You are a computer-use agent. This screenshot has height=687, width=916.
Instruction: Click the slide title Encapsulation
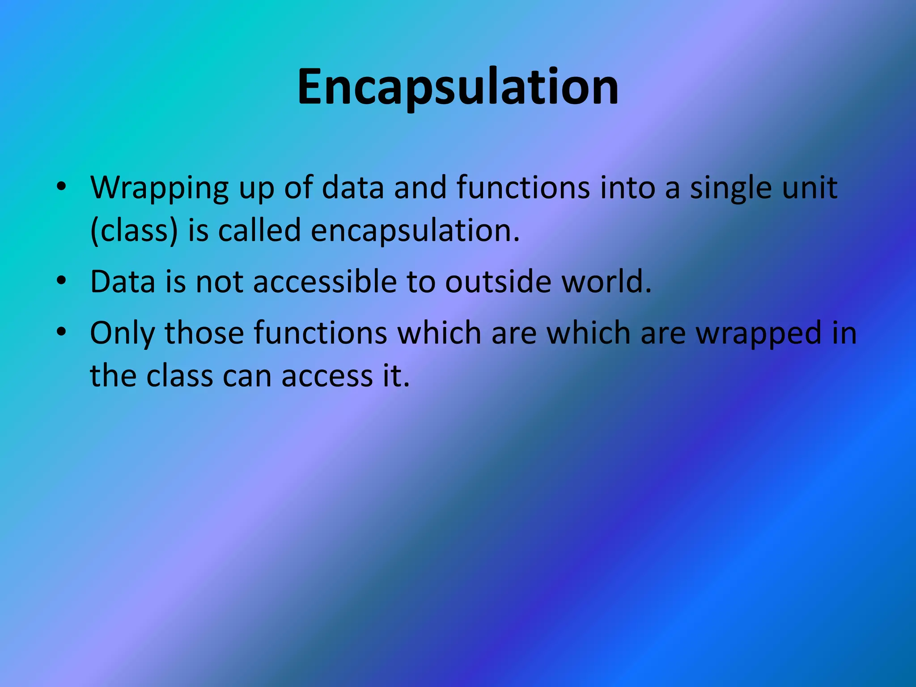click(x=458, y=87)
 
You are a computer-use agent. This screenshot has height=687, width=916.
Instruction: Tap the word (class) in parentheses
click(x=134, y=231)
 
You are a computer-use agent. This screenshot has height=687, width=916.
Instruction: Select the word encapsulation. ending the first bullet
click(x=415, y=231)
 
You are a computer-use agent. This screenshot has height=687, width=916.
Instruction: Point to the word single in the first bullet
click(x=730, y=188)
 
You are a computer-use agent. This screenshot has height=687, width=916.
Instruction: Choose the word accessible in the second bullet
click(x=325, y=282)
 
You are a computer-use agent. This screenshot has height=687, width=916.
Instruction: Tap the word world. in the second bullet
click(x=606, y=282)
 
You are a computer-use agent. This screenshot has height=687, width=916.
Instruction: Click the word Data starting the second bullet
click(x=122, y=282)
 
